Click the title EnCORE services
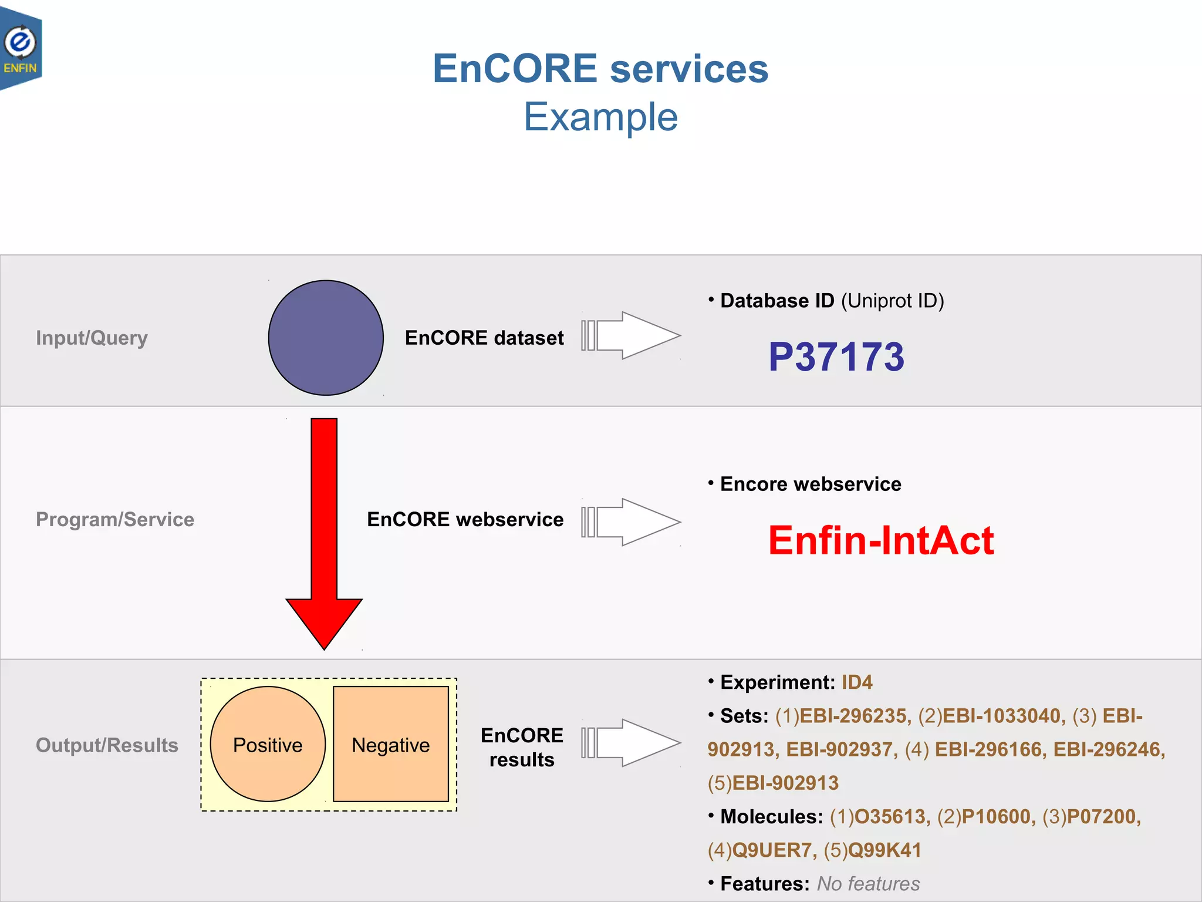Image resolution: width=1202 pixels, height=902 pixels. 600,69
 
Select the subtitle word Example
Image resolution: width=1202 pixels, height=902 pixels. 600,117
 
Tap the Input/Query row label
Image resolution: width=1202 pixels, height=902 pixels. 92,338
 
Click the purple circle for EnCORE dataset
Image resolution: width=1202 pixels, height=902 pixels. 326,338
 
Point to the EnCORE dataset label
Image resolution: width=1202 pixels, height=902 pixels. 484,338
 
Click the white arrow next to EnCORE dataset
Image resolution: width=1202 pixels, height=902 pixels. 631,335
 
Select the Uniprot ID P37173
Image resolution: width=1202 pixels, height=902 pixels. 836,356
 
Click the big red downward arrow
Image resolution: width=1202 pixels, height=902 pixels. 324,529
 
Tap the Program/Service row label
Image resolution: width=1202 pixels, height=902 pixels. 115,519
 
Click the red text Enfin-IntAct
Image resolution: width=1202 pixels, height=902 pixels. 880,540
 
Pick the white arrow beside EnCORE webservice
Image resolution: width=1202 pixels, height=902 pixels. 631,522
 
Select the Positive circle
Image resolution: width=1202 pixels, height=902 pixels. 268,744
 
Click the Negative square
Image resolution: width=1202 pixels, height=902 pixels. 391,744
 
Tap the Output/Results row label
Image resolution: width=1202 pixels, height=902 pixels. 107,745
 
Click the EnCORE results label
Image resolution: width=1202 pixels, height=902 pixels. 521,747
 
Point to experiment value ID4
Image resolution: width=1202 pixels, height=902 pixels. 857,682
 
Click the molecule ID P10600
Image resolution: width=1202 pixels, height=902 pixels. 998,816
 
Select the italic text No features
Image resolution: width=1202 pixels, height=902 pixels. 868,883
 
